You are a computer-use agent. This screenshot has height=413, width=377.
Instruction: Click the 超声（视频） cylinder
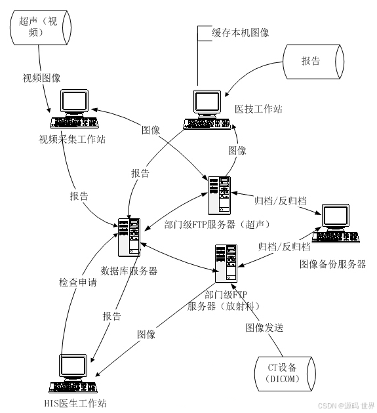41,28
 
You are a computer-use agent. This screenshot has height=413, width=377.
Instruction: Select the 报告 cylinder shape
313,62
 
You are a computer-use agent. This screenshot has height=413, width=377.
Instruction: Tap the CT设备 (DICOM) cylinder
285,374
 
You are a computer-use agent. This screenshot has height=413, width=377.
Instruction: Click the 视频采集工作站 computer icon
74,109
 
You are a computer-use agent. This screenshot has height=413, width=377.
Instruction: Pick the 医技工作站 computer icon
207,110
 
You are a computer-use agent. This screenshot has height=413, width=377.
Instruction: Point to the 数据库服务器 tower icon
129,237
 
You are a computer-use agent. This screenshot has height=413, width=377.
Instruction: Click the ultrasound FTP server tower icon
219,195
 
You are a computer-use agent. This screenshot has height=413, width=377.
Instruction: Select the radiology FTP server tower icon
226,264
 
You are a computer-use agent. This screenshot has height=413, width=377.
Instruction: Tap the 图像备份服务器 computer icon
336,224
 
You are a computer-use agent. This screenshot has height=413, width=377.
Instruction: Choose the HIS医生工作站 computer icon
73,374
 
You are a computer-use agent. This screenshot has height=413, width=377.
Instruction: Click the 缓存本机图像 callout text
240,33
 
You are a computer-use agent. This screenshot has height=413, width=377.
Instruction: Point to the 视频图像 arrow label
41,78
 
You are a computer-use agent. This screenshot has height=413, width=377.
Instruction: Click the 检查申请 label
78,283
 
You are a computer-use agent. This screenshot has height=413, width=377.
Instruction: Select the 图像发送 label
264,328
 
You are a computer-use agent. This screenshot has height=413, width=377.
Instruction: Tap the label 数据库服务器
129,271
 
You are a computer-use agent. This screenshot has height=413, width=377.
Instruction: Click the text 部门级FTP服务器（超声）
217,224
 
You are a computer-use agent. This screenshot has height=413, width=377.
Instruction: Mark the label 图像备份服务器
332,264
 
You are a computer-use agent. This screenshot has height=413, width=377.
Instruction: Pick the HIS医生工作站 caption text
75,403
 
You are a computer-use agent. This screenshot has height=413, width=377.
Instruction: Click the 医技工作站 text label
258,109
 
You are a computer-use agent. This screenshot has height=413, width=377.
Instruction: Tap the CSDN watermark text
346,406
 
